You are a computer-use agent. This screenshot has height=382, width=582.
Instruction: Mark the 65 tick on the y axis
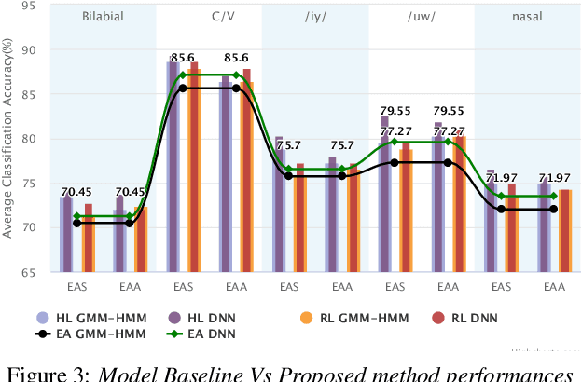point(31,272)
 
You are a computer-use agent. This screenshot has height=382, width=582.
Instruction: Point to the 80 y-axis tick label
point(31,139)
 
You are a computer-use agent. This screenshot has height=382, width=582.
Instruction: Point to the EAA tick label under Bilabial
point(130,287)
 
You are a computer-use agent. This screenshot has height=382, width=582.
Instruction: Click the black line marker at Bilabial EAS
point(76,224)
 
